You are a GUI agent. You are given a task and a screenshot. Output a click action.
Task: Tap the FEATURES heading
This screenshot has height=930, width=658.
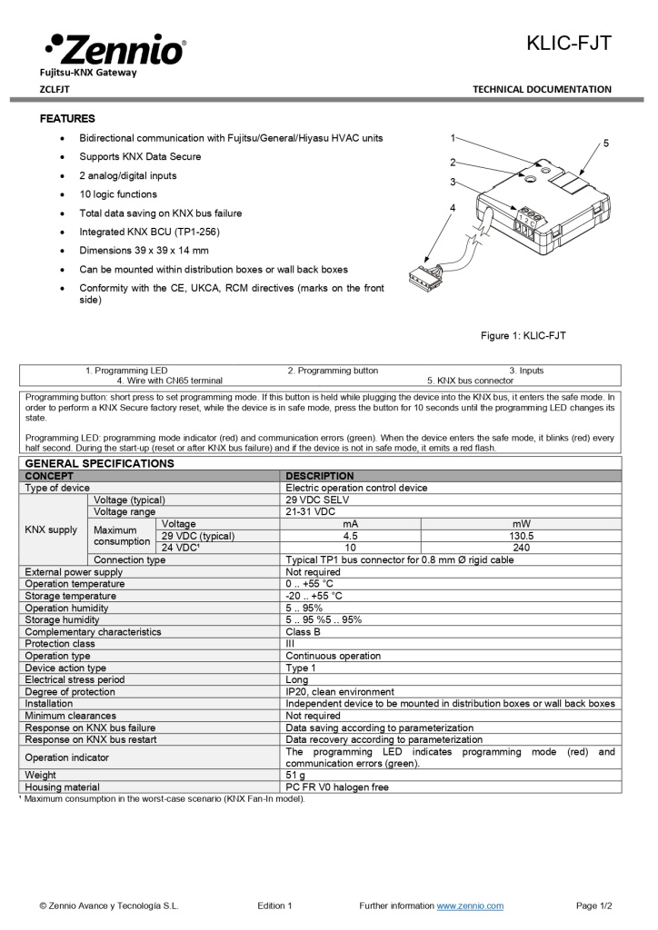pos(67,119)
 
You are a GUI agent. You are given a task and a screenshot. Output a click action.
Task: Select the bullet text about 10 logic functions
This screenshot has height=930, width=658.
pos(118,194)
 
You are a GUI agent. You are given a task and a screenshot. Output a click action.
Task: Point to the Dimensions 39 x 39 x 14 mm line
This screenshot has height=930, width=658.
pos(144,251)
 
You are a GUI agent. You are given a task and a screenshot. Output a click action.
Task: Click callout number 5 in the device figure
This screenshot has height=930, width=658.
pos(606,143)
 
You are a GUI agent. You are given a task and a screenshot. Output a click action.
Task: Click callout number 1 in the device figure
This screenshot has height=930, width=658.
pos(453,138)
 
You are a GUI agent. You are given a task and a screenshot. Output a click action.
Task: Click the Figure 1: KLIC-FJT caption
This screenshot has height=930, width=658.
pos(523,336)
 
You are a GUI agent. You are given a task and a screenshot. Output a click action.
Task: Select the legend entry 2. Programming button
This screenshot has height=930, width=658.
pos(333,371)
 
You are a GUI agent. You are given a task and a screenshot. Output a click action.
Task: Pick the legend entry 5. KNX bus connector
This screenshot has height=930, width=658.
pos(470,381)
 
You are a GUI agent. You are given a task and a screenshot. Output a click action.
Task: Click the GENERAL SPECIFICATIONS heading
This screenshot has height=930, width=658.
pos(99,463)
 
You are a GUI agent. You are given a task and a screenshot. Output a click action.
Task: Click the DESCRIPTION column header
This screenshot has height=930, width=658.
pos(320,476)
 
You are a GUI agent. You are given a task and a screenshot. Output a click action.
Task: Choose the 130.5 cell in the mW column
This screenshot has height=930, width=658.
pos(521,536)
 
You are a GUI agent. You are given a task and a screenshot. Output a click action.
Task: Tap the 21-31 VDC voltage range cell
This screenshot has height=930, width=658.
pos(313,512)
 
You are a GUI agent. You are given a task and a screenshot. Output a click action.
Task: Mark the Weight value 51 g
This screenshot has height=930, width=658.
pos(296,775)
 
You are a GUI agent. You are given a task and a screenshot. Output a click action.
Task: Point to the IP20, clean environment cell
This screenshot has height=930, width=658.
pos(340,692)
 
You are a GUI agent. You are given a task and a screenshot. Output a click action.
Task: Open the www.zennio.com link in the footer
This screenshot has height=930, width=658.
pos(470,905)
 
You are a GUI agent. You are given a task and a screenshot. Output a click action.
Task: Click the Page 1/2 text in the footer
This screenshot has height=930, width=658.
pos(593,905)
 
